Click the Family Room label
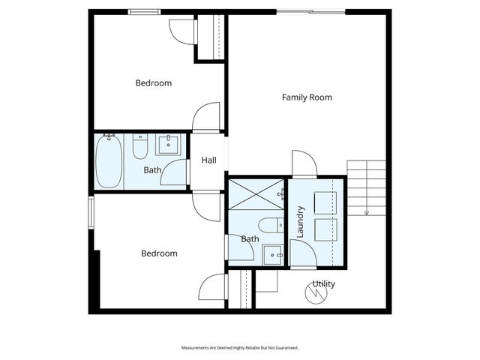tap(307, 97)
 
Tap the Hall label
tap(208, 160)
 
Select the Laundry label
tap(300, 222)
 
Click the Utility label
tap(323, 283)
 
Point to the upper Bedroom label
tap(153, 83)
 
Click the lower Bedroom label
tap(159, 253)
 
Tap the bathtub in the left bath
tap(109, 161)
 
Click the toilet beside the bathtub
tap(140, 147)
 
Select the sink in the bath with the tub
tap(168, 145)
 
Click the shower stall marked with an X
tap(256, 194)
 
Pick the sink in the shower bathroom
tap(273, 255)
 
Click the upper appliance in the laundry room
tap(325, 202)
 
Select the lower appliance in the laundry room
tap(325, 229)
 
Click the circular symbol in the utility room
tap(316, 293)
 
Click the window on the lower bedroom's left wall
tap(91, 212)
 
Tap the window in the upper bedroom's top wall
tap(144, 12)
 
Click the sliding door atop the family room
tap(311, 12)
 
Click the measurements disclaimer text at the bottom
tap(240, 348)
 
